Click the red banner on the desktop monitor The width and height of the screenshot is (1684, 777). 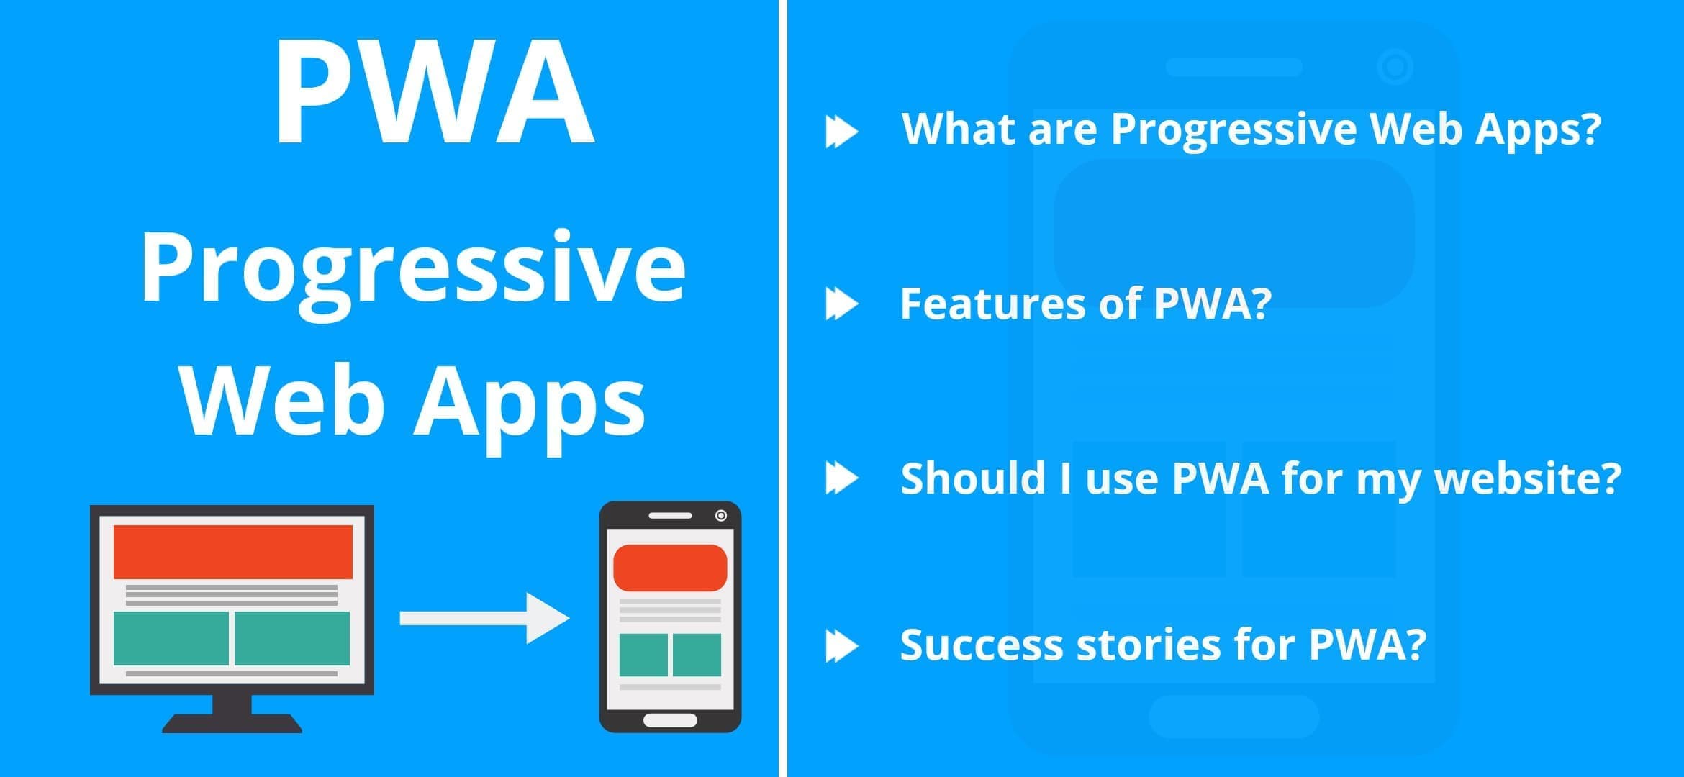coord(232,551)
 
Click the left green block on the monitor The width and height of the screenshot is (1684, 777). coord(171,638)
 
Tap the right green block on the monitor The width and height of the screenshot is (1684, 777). coord(292,638)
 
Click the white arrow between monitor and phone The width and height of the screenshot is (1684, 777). coord(484,618)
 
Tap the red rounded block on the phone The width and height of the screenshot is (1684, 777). coord(670,567)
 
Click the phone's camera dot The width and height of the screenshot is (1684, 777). coord(720,515)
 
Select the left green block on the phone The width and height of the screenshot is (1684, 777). coord(643,655)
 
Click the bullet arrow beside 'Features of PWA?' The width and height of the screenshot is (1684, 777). coord(841,304)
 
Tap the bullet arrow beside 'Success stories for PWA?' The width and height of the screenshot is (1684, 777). coord(841,645)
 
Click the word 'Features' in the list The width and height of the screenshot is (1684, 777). coord(991,304)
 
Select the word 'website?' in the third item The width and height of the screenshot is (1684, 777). coord(1527,478)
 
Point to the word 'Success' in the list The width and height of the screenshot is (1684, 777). coord(981,645)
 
